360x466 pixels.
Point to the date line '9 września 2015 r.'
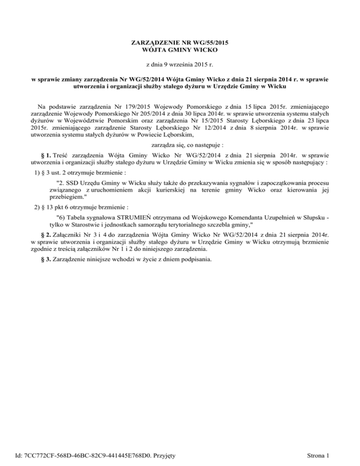(180, 64)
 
